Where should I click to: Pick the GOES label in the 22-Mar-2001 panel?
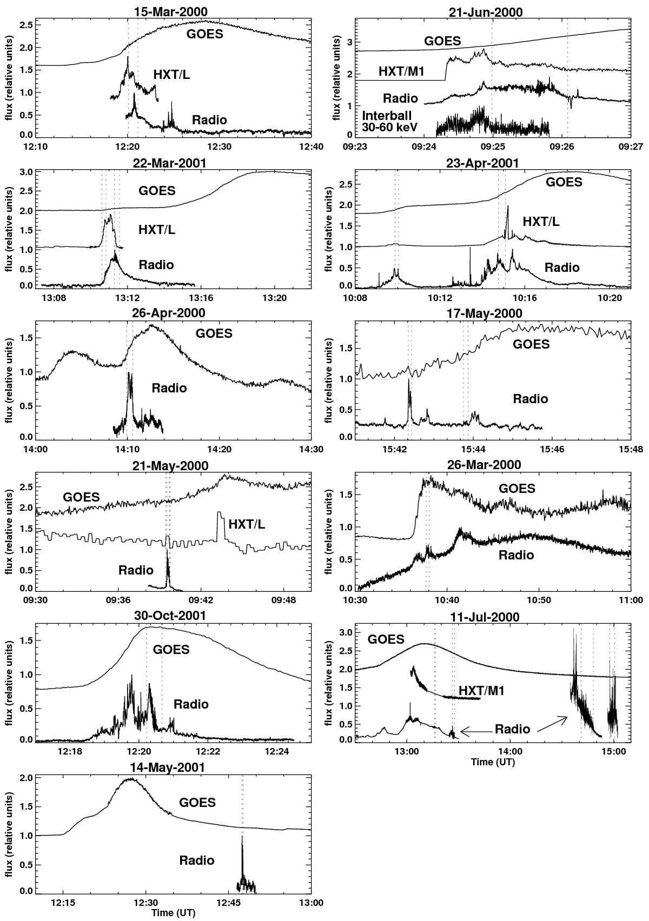(157, 191)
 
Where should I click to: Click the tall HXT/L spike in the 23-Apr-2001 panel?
(508, 207)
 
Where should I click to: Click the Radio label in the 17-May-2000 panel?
(531, 399)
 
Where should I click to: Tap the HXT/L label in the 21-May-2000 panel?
(247, 524)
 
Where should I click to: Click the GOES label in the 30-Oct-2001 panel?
(171, 650)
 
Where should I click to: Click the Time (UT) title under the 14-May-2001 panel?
(174, 913)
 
